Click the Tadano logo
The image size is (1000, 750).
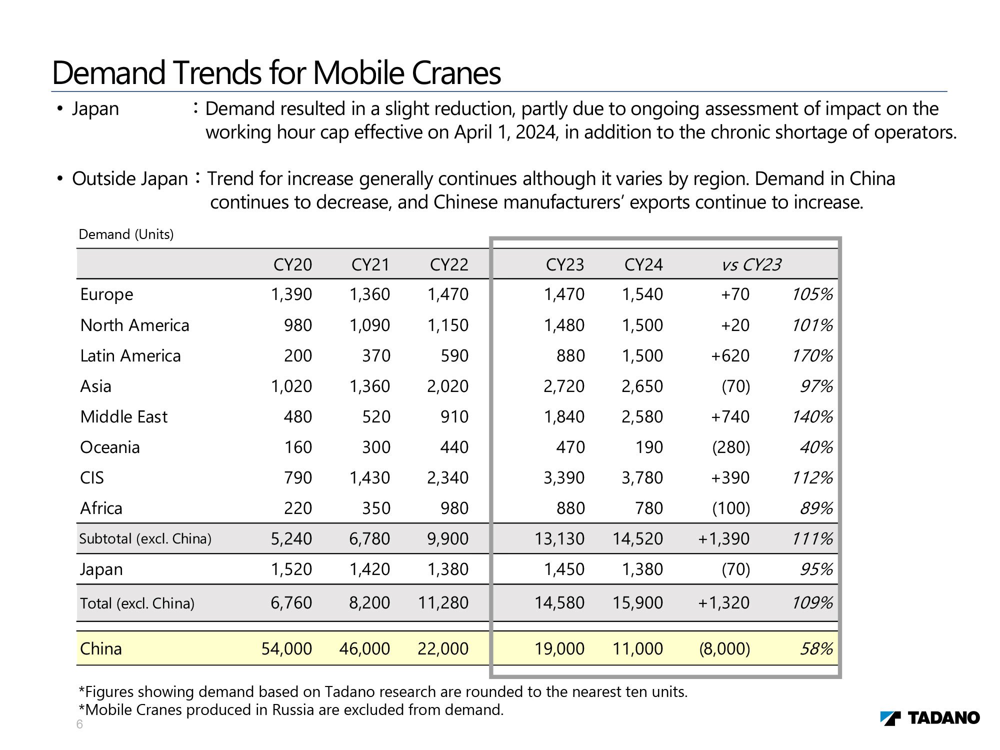[930, 718]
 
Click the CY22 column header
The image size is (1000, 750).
[449, 264]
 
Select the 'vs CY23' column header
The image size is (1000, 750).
[751, 264]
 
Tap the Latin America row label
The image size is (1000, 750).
[130, 355]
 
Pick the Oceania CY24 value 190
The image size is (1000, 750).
[649, 447]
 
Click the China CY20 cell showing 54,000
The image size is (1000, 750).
[286, 648]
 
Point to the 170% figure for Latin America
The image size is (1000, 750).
[812, 355]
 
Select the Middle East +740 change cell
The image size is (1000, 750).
[730, 416]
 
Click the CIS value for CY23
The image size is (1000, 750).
[564, 477]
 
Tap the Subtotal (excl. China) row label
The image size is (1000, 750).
[145, 538]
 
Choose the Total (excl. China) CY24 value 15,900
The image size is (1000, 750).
[638, 602]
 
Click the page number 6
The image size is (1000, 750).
[79, 724]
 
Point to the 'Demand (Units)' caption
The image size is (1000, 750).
[126, 234]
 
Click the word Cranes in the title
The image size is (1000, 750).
[456, 73]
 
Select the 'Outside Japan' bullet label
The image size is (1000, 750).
[130, 178]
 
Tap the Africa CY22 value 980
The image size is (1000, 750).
[454, 508]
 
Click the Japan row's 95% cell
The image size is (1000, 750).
[816, 569]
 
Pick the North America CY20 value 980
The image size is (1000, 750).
[298, 325]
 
